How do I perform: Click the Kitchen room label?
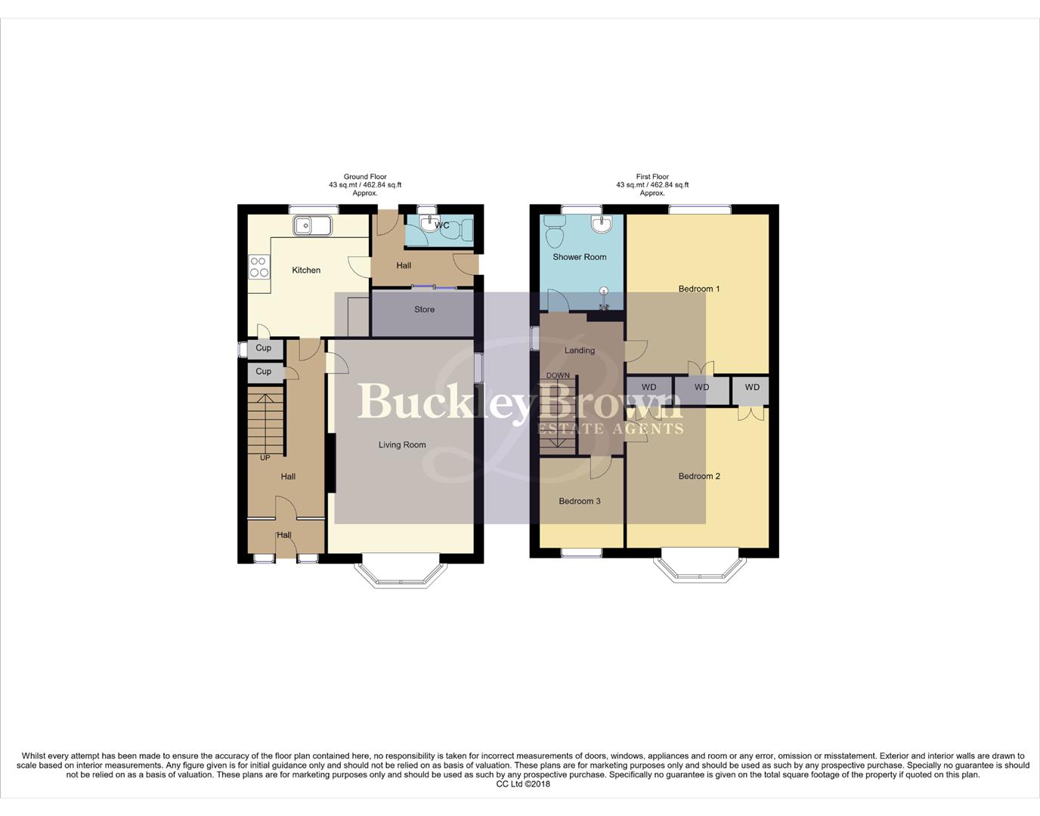click(x=306, y=270)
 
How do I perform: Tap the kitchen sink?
click(x=311, y=225)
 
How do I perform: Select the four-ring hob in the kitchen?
click(x=259, y=267)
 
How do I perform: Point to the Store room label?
click(x=424, y=309)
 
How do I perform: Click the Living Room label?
click(x=402, y=445)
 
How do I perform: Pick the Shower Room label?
click(x=579, y=257)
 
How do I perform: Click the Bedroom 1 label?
click(x=699, y=289)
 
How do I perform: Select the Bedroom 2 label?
click(x=699, y=476)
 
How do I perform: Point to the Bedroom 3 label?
click(x=580, y=501)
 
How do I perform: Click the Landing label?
click(x=580, y=351)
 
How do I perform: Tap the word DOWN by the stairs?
click(x=558, y=376)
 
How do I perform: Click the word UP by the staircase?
click(x=265, y=458)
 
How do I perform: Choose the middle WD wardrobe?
click(x=701, y=388)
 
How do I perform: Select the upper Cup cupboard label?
click(x=263, y=348)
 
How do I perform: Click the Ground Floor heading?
click(x=365, y=177)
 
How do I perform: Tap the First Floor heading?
click(x=652, y=177)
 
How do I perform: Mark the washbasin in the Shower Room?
click(x=602, y=224)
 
